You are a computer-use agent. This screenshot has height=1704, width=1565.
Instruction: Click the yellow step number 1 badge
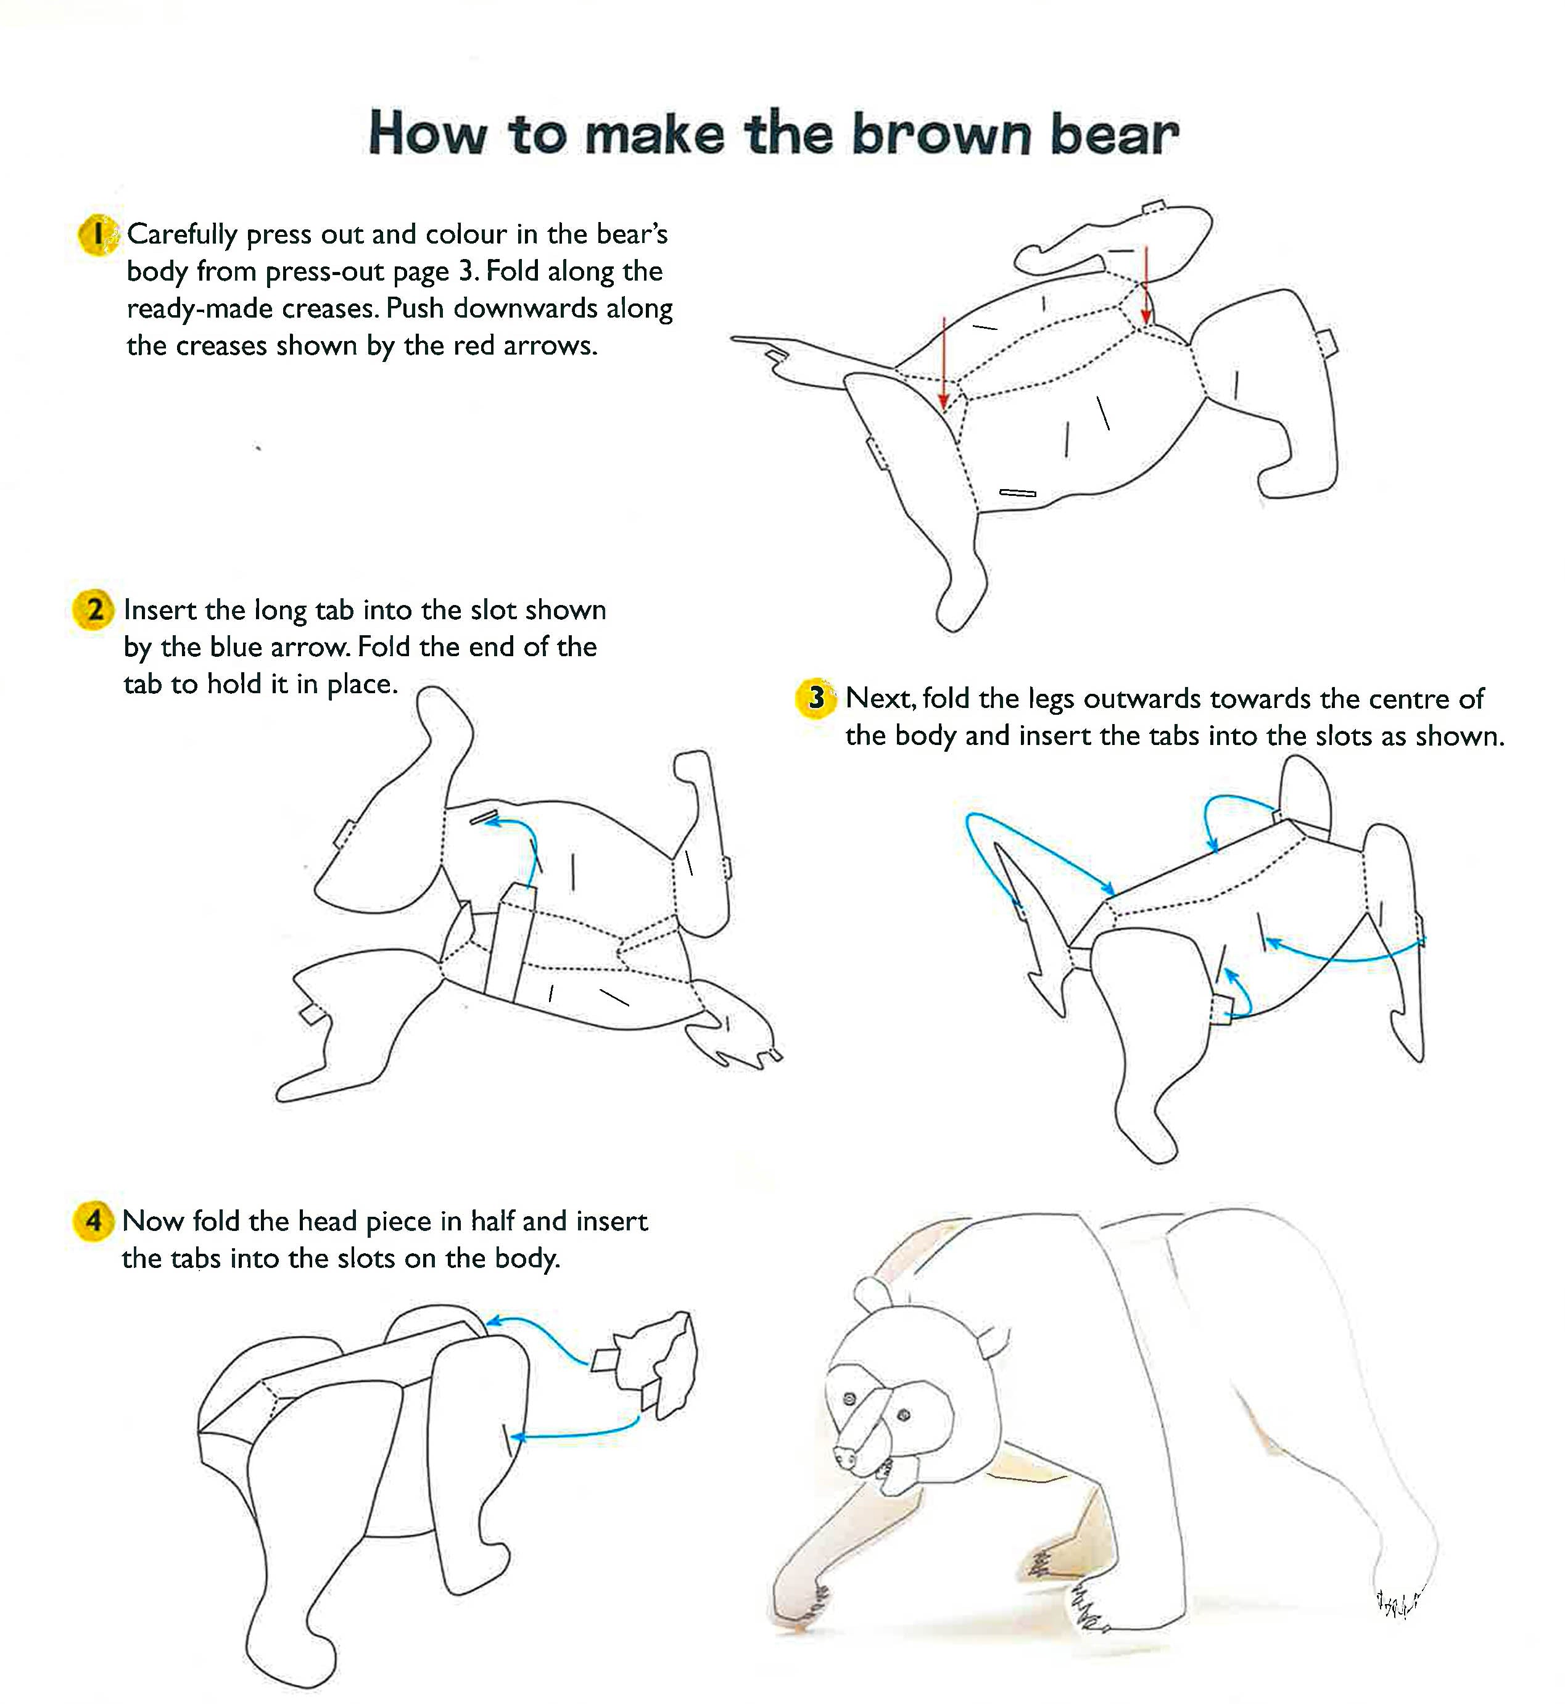pyautogui.click(x=98, y=234)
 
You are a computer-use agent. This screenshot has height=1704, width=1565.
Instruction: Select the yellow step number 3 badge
pyautogui.click(x=816, y=698)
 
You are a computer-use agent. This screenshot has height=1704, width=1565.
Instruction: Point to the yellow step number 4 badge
pyautogui.click(x=93, y=1220)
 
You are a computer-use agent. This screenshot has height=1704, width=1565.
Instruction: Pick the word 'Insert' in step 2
pyautogui.click(x=160, y=609)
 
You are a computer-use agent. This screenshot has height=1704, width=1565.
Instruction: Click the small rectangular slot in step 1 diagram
pyautogui.click(x=1017, y=493)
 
